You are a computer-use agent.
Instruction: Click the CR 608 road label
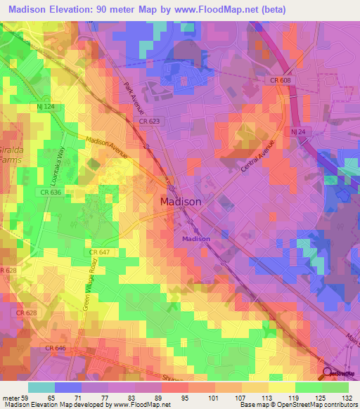[x=278, y=81]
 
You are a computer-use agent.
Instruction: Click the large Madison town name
[x=181, y=201]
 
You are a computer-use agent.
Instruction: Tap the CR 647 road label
[x=98, y=252]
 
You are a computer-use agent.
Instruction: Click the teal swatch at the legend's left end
[x=41, y=387]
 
